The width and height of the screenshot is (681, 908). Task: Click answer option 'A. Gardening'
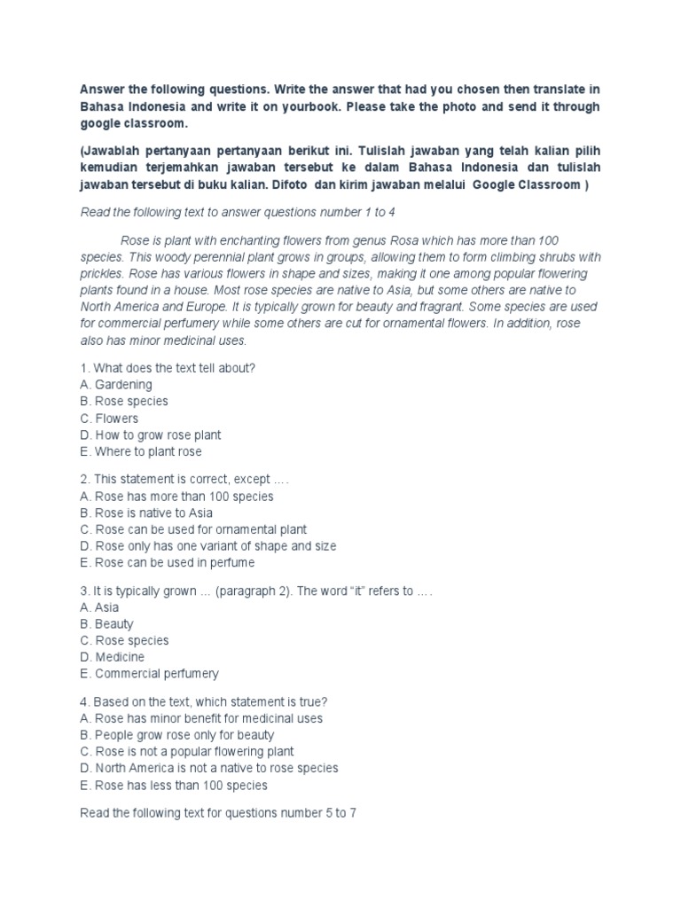point(115,385)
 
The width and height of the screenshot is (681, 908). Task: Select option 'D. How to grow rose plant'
point(150,434)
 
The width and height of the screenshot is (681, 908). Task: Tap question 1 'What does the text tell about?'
point(168,368)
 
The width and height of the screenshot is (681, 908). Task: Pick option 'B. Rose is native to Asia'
point(146,513)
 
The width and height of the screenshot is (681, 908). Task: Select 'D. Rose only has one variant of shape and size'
point(207,546)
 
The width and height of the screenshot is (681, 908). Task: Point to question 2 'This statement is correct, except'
point(184,480)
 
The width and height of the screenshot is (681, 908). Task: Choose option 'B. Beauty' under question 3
point(106,624)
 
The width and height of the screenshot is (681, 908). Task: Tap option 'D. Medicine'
point(112,657)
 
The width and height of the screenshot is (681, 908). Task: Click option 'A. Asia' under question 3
point(99,607)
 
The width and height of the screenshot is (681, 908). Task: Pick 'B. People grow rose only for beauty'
point(176,735)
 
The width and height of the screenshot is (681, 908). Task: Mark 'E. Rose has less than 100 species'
point(173,785)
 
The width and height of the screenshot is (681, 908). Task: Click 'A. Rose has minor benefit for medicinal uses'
point(201,718)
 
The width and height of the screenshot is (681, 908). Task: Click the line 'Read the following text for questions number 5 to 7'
point(217,813)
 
